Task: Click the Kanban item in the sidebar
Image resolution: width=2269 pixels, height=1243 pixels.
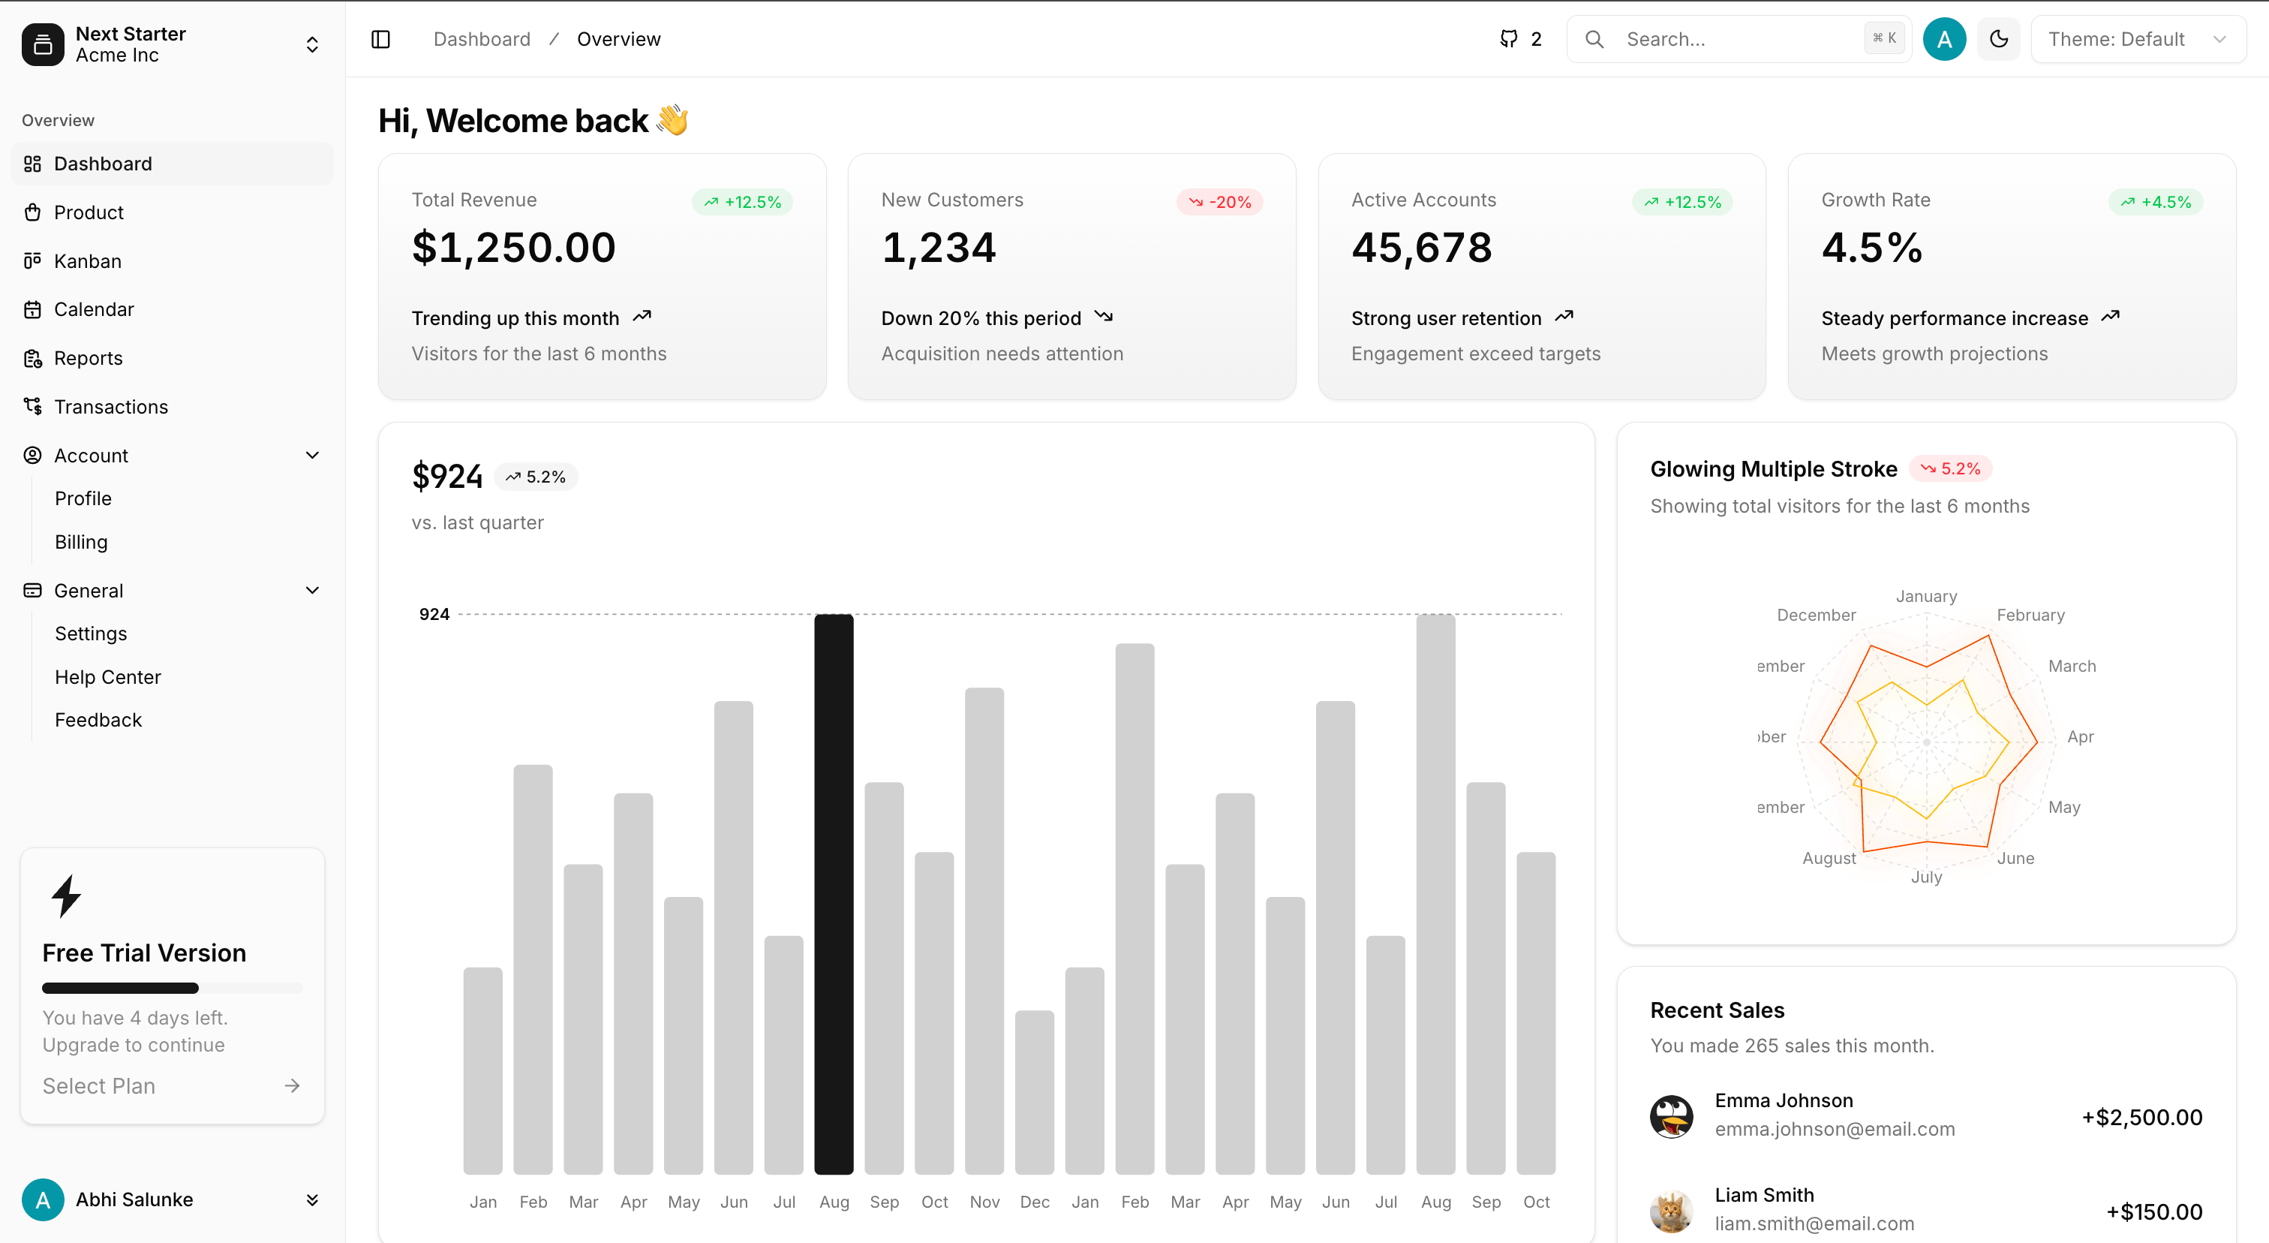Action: click(87, 260)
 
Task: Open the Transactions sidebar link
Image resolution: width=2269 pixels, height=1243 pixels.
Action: click(110, 406)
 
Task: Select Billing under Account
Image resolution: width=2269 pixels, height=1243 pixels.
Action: click(81, 542)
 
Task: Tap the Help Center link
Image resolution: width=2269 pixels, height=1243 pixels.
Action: click(107, 676)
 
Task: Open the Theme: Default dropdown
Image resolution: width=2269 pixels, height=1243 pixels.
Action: click(2137, 39)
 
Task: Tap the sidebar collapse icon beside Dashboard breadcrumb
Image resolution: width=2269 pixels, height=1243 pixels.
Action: click(380, 39)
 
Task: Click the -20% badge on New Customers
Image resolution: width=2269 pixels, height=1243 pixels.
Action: click(1220, 202)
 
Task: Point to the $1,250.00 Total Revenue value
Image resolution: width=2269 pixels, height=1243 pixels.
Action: click(513, 248)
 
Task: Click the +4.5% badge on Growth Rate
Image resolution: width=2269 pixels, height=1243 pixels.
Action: click(2156, 202)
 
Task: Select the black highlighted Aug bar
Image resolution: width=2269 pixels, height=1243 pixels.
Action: click(834, 893)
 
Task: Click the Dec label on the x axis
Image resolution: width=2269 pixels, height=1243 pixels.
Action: click(1034, 1202)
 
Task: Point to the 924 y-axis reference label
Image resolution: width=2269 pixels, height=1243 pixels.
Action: click(434, 614)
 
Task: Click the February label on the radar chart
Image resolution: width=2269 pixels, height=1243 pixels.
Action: click(2030, 615)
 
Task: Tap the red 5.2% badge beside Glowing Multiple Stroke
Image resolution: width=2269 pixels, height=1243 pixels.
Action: click(1950, 468)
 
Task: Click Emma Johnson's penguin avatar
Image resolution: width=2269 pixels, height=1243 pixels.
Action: click(1671, 1116)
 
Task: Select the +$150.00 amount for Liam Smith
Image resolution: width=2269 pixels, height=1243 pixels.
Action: click(2153, 1211)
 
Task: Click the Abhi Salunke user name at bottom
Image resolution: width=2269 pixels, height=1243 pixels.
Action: click(134, 1199)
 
